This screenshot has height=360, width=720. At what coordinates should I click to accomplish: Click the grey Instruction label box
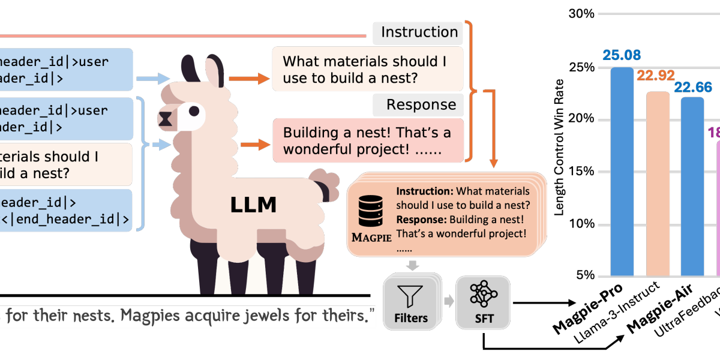pos(419,32)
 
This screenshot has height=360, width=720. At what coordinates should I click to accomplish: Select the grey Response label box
pos(419,104)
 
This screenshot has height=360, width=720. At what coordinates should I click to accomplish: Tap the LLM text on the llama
pos(253,205)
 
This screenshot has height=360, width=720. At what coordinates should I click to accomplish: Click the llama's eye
pos(193,111)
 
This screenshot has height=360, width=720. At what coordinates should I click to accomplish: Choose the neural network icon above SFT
pos(483,294)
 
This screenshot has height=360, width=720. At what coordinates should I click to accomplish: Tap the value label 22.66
pos(692,88)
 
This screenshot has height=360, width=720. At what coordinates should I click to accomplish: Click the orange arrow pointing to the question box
pos(247,78)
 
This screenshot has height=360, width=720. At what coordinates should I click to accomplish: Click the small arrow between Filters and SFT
pos(448,301)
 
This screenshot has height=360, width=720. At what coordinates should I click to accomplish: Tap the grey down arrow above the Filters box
pos(413,265)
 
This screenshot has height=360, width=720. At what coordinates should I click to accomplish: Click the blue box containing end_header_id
pos(66,210)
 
